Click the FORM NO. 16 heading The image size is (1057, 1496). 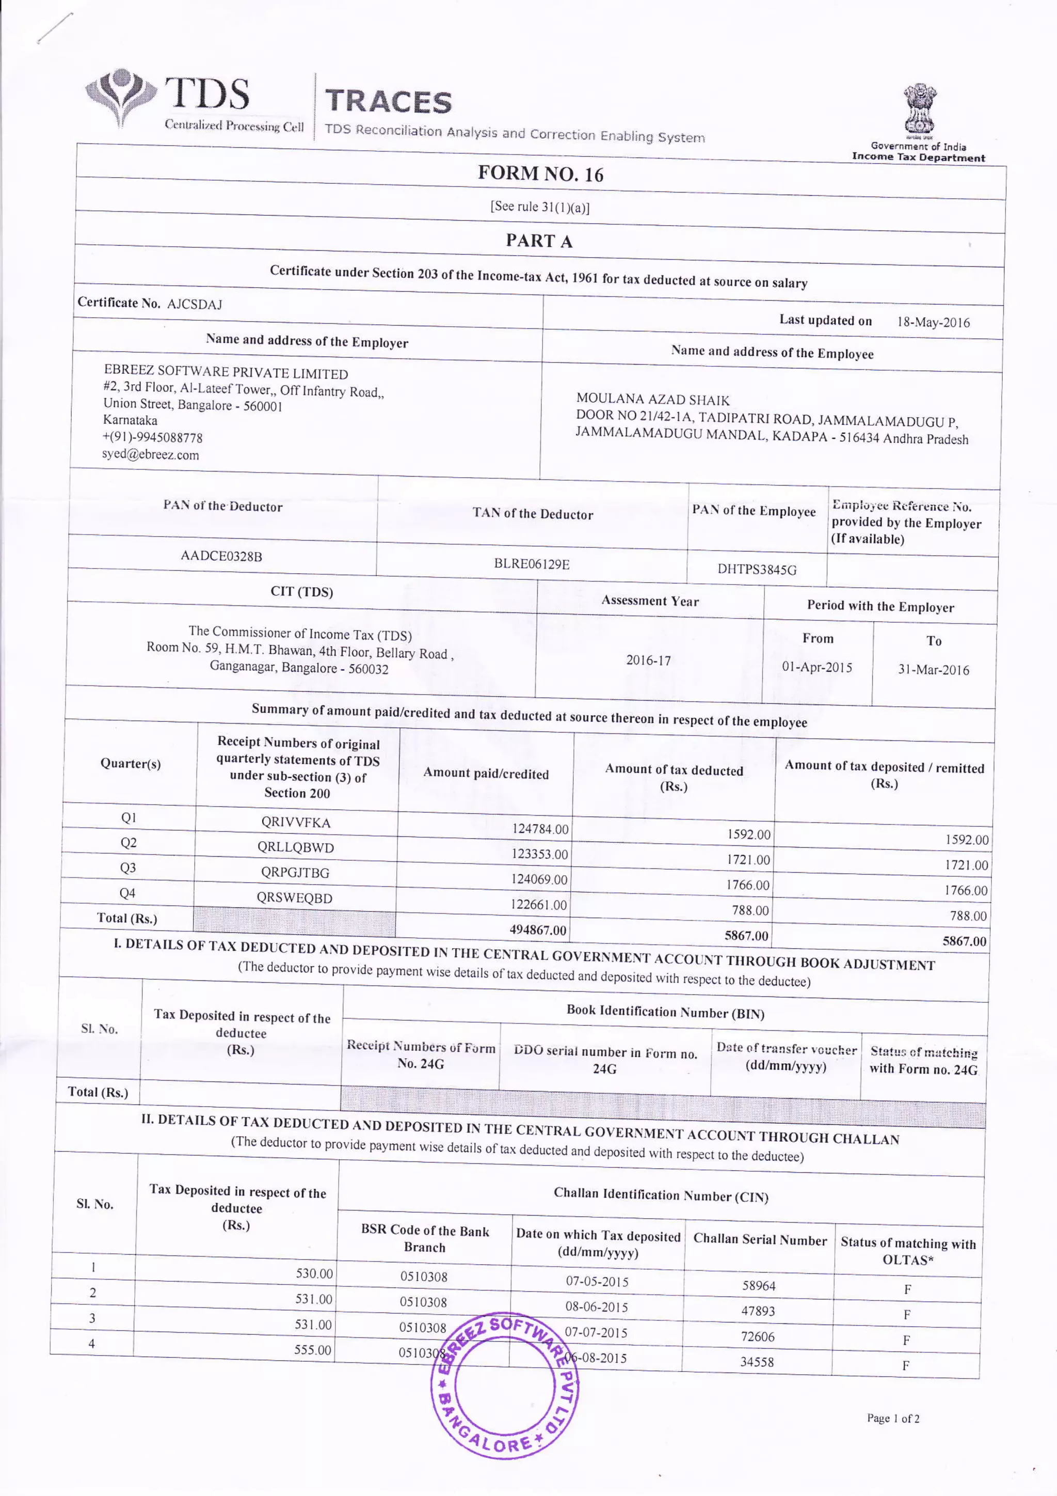pos(540,174)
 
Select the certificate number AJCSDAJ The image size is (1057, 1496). pos(194,304)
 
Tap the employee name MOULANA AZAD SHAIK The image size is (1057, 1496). pos(652,399)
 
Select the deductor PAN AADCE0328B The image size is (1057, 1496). pos(221,556)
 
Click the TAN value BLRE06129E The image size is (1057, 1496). pos(532,563)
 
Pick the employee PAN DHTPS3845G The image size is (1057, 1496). pos(757,570)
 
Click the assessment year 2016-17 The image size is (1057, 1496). pos(648,660)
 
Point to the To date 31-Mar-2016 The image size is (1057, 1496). pos(933,670)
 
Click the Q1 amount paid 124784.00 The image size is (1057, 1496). pos(540,829)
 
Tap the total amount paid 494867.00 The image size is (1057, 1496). pos(537,930)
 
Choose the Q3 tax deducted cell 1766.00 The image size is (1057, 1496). pos(748,885)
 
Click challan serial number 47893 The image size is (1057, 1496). pos(758,1311)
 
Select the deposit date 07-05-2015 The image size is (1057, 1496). pos(597,1282)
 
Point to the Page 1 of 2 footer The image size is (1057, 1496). pos(893,1419)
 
